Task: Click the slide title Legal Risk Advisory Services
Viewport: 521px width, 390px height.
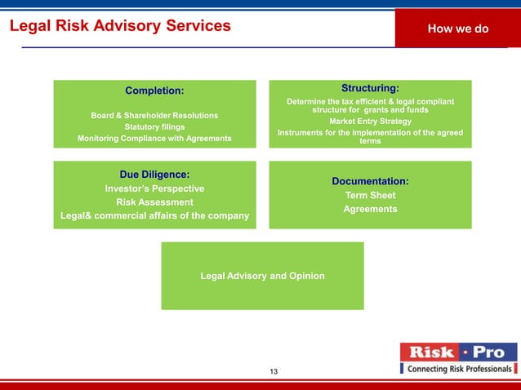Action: point(120,26)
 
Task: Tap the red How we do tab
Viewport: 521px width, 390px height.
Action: point(457,29)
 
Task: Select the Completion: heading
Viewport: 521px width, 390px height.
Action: point(154,90)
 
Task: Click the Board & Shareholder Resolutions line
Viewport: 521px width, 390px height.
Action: point(154,115)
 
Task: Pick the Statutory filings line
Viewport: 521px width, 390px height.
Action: point(154,126)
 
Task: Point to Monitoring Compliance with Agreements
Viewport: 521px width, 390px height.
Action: point(154,139)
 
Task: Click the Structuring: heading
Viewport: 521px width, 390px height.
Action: point(370,87)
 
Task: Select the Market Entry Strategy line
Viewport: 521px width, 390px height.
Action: point(370,122)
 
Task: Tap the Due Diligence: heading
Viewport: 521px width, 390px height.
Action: point(154,174)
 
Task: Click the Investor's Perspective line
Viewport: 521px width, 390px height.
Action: point(154,188)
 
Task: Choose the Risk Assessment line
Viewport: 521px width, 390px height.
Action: point(154,202)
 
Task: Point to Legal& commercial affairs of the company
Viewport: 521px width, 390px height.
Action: point(154,216)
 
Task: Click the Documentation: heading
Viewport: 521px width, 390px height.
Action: point(370,181)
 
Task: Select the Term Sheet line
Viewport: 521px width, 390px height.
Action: point(370,196)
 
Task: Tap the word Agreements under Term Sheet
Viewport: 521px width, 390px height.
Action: point(370,210)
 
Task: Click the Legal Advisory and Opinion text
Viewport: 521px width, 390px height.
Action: point(262,276)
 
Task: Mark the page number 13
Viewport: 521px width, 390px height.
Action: point(274,372)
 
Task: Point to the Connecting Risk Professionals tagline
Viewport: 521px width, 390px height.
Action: point(461,370)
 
